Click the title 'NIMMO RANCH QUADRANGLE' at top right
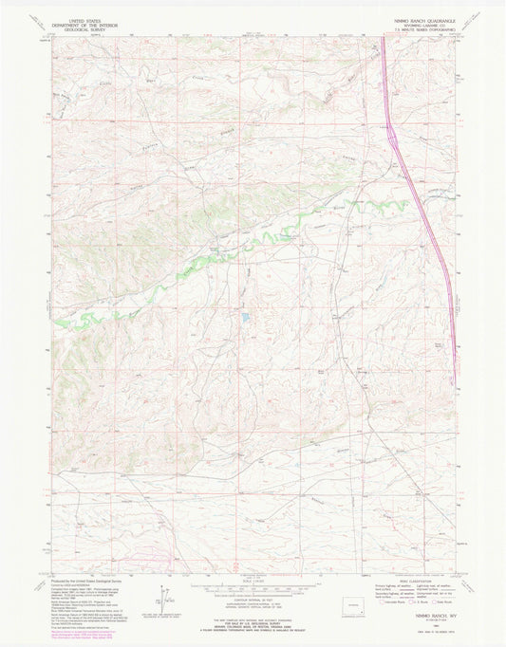point(418,20)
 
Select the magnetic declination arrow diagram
point(164,600)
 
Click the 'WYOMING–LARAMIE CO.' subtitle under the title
point(418,26)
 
